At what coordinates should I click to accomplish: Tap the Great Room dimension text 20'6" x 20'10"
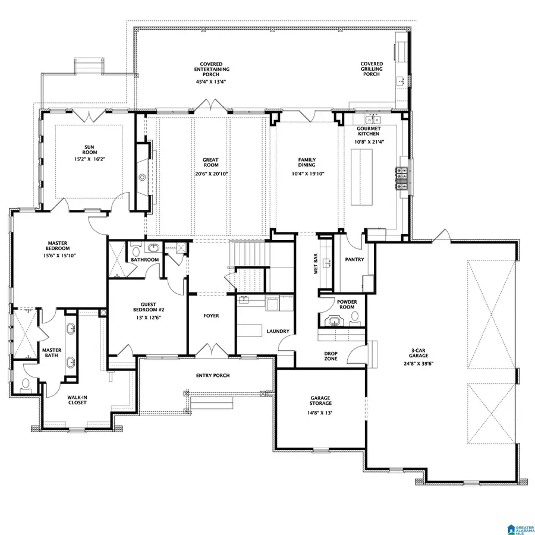point(211,174)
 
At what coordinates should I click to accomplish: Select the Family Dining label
point(307,163)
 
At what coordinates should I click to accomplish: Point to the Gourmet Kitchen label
point(368,131)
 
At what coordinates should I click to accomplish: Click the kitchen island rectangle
point(361,178)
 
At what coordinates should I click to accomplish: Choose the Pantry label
point(354,260)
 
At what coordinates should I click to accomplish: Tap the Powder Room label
point(347,304)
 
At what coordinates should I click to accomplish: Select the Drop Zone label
point(331,356)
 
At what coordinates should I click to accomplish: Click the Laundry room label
point(278,331)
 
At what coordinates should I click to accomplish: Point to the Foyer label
point(211,316)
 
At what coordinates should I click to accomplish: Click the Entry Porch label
point(213,375)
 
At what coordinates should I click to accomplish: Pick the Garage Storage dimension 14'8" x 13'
point(320,413)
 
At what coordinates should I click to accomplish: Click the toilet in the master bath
point(25,383)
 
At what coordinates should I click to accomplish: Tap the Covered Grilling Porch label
point(372,70)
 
